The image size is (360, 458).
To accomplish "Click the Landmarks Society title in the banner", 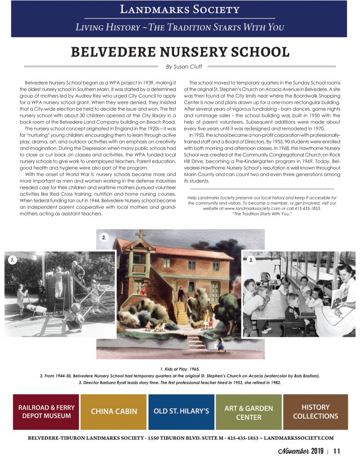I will coord(180,9).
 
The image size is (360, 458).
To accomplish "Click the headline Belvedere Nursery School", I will coord(180,52).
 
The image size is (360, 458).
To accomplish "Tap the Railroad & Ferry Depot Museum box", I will coord(45,411).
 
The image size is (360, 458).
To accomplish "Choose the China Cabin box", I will coord(114,411).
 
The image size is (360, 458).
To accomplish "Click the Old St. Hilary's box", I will coord(181,411).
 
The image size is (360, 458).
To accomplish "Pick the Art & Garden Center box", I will coord(248,411).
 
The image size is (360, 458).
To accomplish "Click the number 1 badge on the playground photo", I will coord(14,259).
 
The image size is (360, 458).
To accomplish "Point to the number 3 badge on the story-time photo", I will coord(251,259).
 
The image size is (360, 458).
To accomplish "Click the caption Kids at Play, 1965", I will coord(180,369).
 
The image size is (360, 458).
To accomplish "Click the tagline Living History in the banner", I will coord(180,27).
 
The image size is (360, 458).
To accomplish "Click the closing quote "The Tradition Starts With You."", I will coord(262,214).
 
